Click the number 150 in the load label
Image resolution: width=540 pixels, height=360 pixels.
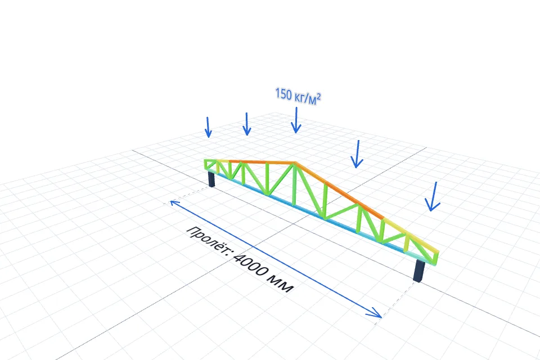(283, 94)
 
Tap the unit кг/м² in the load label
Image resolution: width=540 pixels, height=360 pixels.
(307, 97)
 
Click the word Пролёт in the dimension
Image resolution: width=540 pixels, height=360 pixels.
(208, 240)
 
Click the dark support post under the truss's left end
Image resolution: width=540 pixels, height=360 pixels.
(212, 179)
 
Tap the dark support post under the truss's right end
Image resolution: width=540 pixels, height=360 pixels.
(418, 271)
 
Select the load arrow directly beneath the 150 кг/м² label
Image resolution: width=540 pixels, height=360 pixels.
(296, 120)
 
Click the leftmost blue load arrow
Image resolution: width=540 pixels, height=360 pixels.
(208, 127)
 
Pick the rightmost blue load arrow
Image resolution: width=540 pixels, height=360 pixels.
(433, 196)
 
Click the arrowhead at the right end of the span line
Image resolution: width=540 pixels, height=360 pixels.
(375, 313)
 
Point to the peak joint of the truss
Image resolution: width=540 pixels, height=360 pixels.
(295, 163)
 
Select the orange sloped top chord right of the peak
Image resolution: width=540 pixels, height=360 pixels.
(340, 190)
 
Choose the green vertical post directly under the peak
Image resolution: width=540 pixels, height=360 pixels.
(294, 184)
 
